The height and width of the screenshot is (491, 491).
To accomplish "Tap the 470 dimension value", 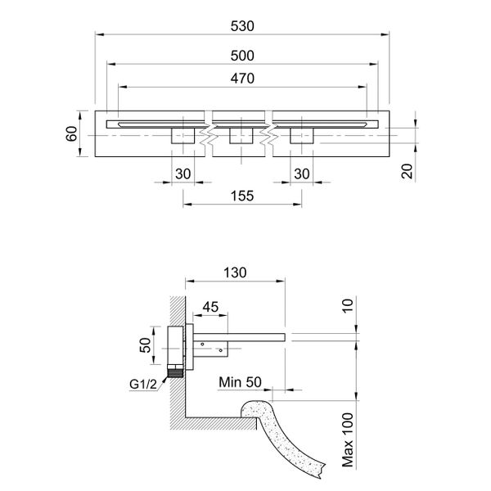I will [x=244, y=79].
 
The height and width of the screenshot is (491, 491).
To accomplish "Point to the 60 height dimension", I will [x=71, y=133].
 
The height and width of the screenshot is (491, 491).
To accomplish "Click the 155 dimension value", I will [x=242, y=196].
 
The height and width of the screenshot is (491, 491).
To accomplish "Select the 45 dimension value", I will [x=210, y=307].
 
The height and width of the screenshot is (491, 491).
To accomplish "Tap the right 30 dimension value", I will [x=302, y=173].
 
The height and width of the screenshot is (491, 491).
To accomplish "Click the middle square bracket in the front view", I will [x=241, y=136].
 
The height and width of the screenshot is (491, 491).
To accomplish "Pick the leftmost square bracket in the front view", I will [x=182, y=136].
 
